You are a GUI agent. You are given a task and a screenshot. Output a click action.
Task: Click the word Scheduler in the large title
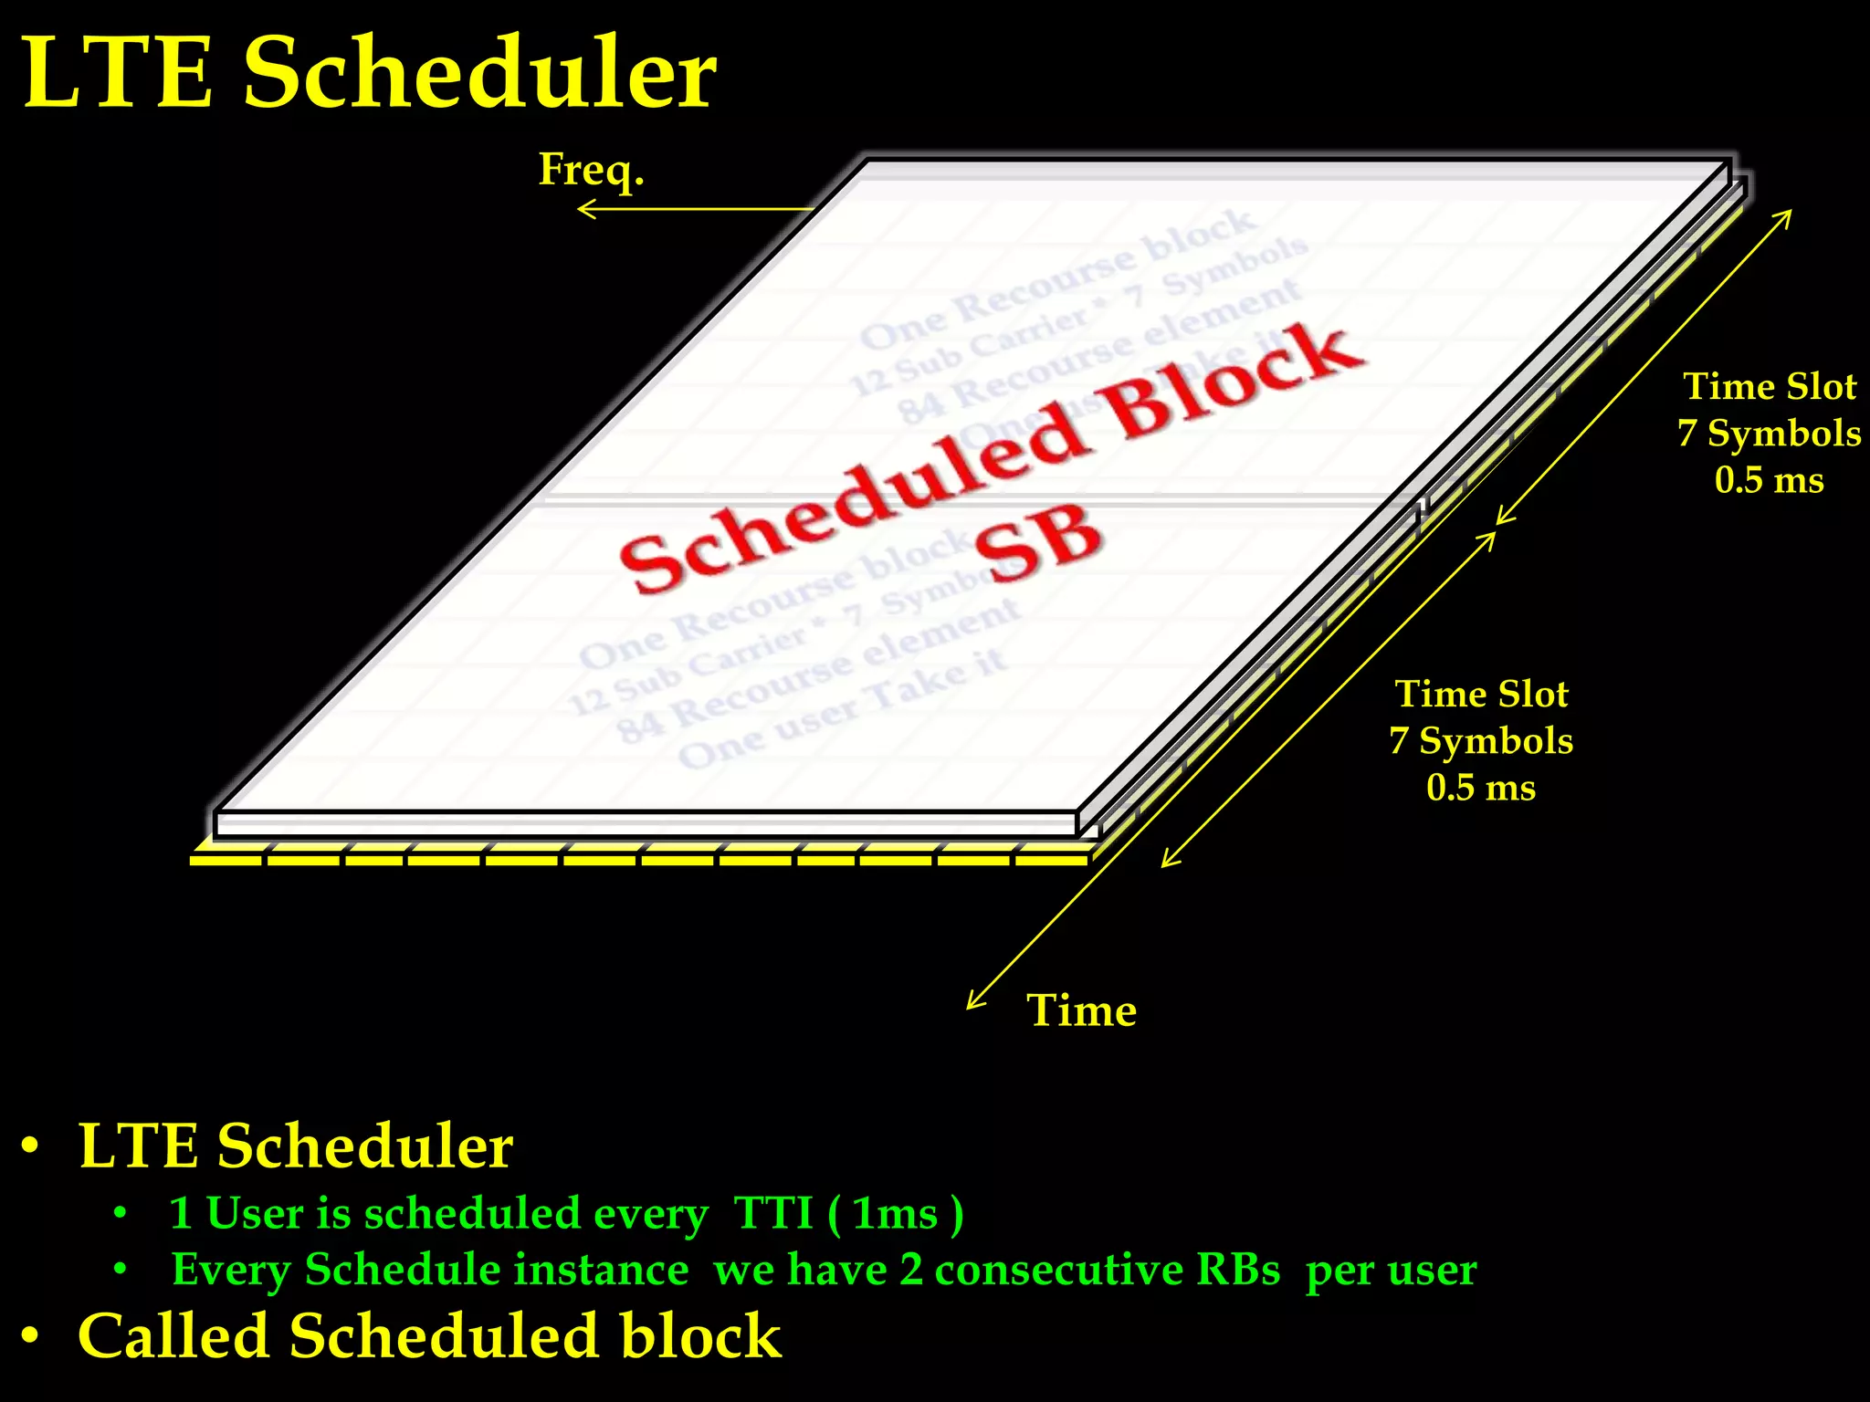[x=479, y=73]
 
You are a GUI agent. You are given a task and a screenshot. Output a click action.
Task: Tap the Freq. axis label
[x=591, y=170]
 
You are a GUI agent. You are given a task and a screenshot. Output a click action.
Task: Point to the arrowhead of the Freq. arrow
[x=583, y=210]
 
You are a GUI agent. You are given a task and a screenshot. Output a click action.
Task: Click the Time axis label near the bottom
[x=1082, y=1010]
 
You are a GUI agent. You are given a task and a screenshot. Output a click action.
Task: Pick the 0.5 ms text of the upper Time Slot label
[x=1769, y=480]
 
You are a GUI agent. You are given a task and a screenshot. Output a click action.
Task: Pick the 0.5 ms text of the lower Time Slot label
[x=1481, y=788]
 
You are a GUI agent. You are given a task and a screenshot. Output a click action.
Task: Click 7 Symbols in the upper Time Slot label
[x=1769, y=434]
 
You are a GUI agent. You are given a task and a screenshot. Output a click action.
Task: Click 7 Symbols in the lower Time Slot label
[x=1481, y=741]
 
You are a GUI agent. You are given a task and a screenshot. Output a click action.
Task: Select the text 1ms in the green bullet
[x=895, y=1214]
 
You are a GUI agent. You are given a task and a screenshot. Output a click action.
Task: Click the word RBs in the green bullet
[x=1238, y=1270]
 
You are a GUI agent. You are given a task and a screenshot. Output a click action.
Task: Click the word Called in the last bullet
[x=173, y=1336]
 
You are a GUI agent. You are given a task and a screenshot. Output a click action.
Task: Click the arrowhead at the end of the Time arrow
[x=972, y=1005]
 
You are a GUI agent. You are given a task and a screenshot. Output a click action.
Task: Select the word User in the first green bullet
[x=255, y=1214]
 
